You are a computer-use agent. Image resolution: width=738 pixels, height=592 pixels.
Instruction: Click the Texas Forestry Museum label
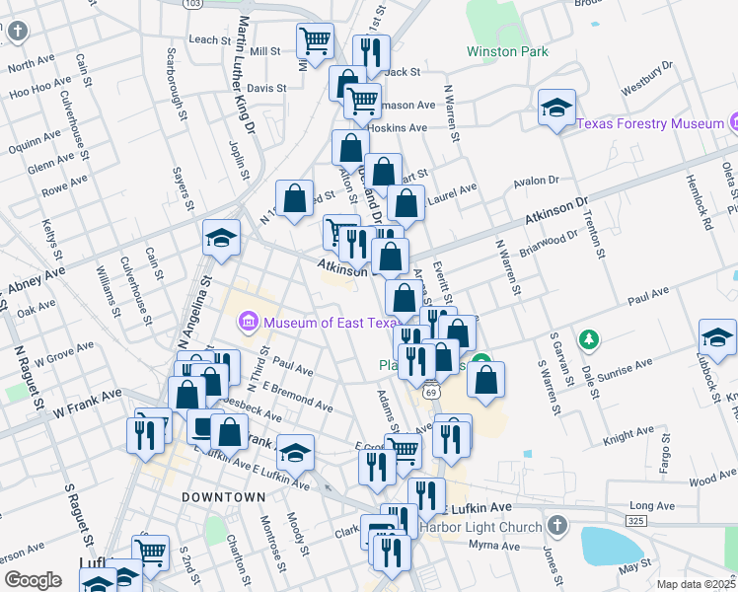[x=650, y=124]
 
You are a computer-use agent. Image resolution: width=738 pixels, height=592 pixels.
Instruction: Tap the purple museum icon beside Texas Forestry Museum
[x=735, y=123]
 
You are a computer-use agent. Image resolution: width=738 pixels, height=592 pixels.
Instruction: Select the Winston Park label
[x=507, y=51]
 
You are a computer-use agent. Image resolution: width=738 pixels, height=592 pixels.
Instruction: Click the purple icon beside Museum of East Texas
[x=247, y=322]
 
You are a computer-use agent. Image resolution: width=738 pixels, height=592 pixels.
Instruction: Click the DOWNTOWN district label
[x=223, y=496]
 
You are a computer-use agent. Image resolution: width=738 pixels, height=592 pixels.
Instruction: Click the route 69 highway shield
[x=432, y=392]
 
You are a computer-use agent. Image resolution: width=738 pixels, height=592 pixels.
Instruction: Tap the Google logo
[x=34, y=580]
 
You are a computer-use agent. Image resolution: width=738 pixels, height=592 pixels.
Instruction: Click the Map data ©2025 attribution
[x=696, y=584]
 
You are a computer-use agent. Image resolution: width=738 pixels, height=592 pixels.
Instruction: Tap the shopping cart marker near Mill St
[x=315, y=41]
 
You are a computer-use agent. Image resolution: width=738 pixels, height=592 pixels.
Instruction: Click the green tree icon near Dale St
[x=589, y=339]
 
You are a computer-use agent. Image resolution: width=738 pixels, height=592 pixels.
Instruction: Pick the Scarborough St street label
[x=177, y=83]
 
